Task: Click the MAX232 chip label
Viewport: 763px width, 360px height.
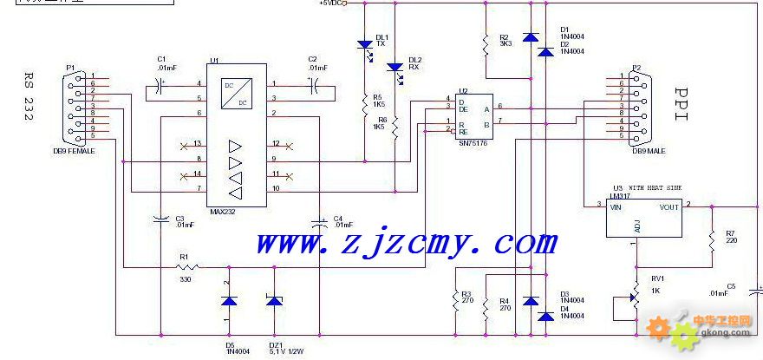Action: click(x=223, y=211)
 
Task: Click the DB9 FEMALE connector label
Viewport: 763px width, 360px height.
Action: click(x=74, y=151)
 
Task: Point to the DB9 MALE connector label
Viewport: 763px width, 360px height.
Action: click(x=649, y=151)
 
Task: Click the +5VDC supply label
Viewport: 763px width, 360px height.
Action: click(x=332, y=4)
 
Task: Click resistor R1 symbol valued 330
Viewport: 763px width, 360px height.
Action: click(x=183, y=269)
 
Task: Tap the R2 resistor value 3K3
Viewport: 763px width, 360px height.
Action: click(x=505, y=43)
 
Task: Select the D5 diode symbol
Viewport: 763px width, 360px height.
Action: click(x=229, y=301)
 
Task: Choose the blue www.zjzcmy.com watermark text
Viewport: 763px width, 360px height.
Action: click(x=406, y=243)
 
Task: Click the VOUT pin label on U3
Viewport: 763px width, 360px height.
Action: click(x=668, y=207)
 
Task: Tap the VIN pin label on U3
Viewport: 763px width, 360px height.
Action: click(x=617, y=207)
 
